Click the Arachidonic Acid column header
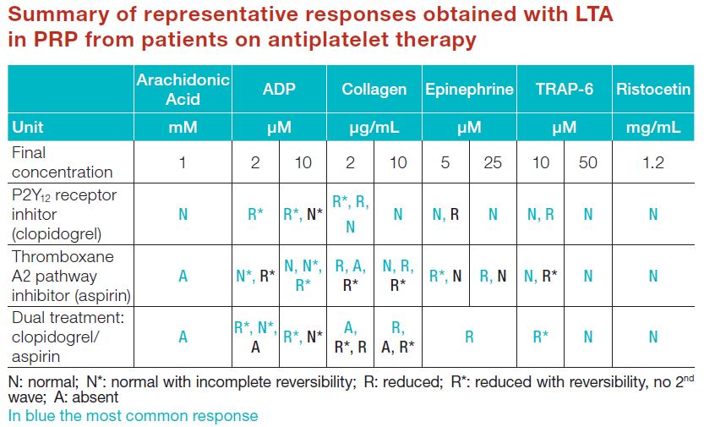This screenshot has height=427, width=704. pyautogui.click(x=183, y=90)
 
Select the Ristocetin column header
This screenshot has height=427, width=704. pyautogui.click(x=653, y=90)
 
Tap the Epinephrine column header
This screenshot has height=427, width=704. pyautogui.click(x=469, y=90)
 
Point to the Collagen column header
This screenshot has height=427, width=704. pyautogui.click(x=374, y=90)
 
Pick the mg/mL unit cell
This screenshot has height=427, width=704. pyautogui.click(x=653, y=128)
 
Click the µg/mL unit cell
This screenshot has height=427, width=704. pyautogui.click(x=374, y=128)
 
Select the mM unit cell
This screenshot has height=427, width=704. pyautogui.click(x=183, y=128)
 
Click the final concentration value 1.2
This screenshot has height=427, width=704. pyautogui.click(x=653, y=162)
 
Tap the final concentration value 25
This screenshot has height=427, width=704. pyautogui.click(x=493, y=162)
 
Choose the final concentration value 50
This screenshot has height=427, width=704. pyautogui.click(x=588, y=162)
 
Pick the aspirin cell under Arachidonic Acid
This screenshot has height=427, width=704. pyautogui.click(x=183, y=276)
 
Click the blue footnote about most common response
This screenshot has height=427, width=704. pyautogui.click(x=133, y=416)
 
